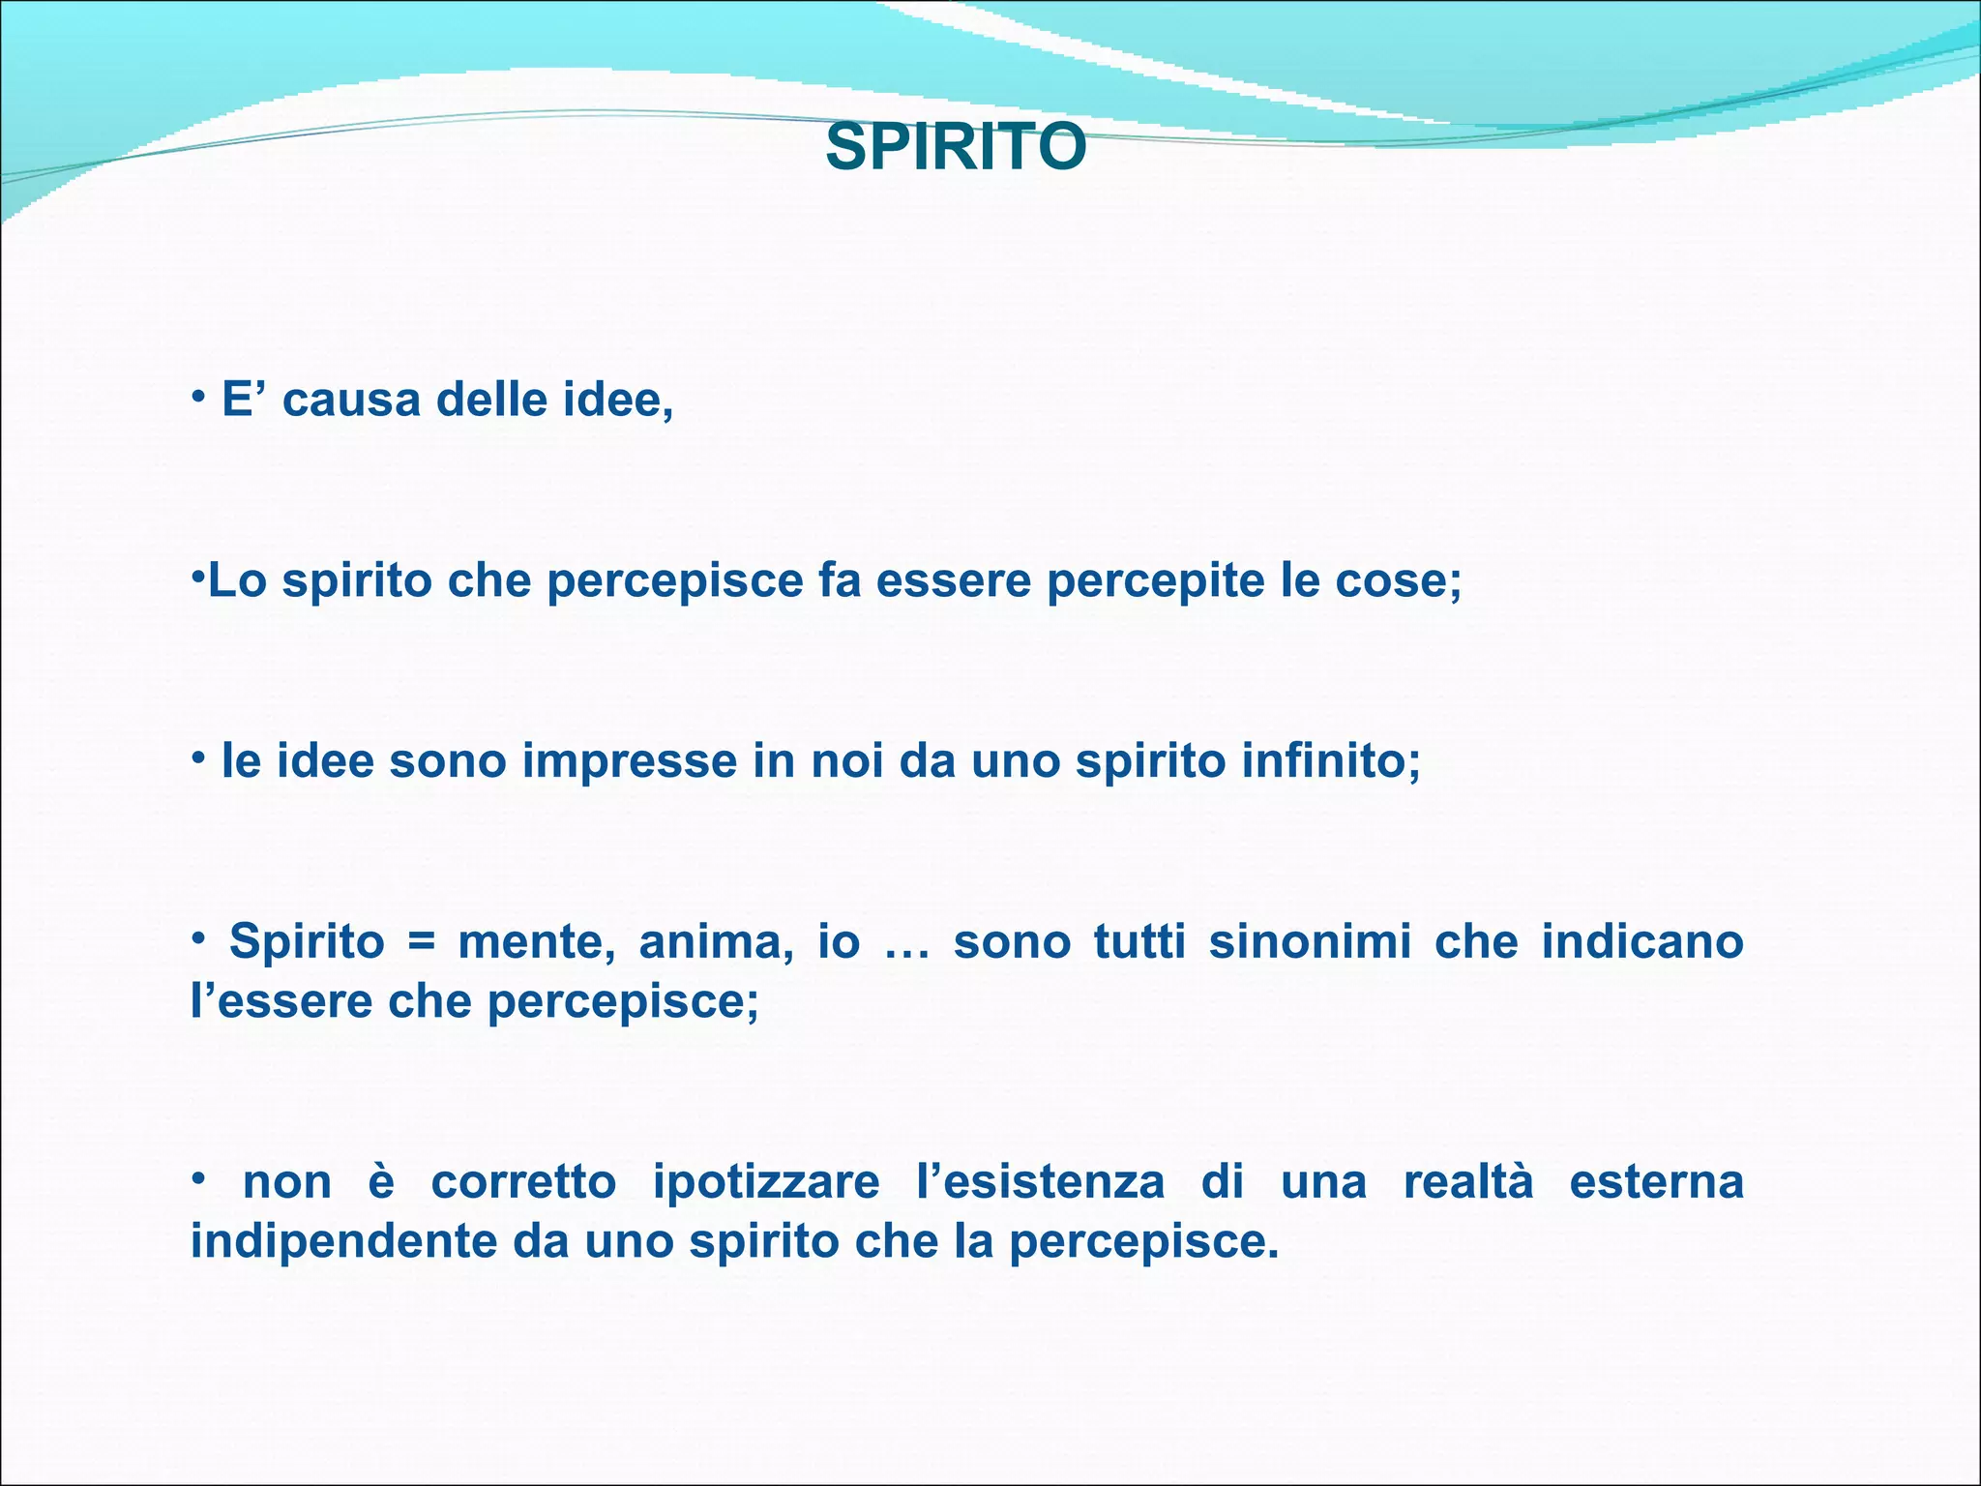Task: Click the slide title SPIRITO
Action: coord(956,148)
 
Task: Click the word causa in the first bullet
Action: coord(351,400)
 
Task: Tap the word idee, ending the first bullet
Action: coord(618,400)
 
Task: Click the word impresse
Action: coord(630,760)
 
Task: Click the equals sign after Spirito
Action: coord(421,941)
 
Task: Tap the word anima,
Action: coord(717,941)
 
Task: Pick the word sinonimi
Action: coord(1310,941)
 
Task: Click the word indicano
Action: coord(1641,941)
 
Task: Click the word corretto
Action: coord(523,1182)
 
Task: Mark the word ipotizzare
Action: coord(766,1182)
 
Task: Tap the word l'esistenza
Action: coord(1040,1182)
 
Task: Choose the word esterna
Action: coord(1656,1182)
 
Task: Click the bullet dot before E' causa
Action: coord(197,396)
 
